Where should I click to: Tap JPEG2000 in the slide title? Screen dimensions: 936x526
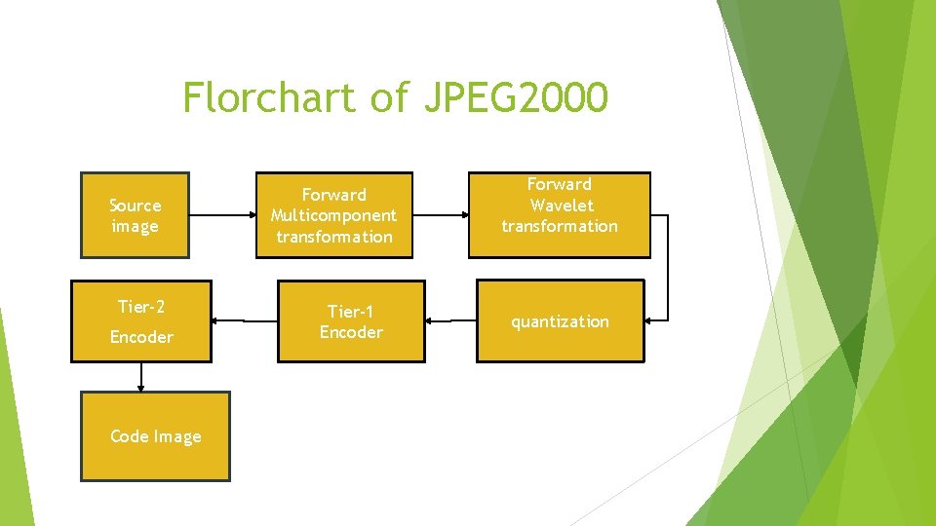[x=516, y=97]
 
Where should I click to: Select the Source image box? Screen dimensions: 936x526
[x=135, y=215]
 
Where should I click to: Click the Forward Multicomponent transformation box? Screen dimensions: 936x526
[x=333, y=215]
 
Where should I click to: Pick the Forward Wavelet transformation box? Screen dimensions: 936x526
[x=559, y=214]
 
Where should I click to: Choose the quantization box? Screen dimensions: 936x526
[x=560, y=321]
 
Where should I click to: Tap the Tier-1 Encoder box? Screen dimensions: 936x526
[x=351, y=321]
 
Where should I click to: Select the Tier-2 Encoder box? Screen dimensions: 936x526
[x=141, y=321]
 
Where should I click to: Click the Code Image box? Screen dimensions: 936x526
[x=155, y=436]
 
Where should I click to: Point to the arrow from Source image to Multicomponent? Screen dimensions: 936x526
[x=222, y=215]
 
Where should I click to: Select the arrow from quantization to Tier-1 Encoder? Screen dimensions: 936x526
[x=450, y=320]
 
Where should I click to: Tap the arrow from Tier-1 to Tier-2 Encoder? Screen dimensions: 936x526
[x=246, y=320]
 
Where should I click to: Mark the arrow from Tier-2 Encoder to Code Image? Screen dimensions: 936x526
[x=141, y=377]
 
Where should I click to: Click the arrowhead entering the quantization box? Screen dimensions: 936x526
[x=651, y=319]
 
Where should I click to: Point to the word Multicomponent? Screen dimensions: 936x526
[x=333, y=215]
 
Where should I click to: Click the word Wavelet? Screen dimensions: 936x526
[x=560, y=205]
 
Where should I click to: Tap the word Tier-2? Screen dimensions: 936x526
[x=141, y=307]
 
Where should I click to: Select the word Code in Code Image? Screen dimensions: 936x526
[x=129, y=436]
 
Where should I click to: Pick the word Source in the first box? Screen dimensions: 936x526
[x=135, y=205]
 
